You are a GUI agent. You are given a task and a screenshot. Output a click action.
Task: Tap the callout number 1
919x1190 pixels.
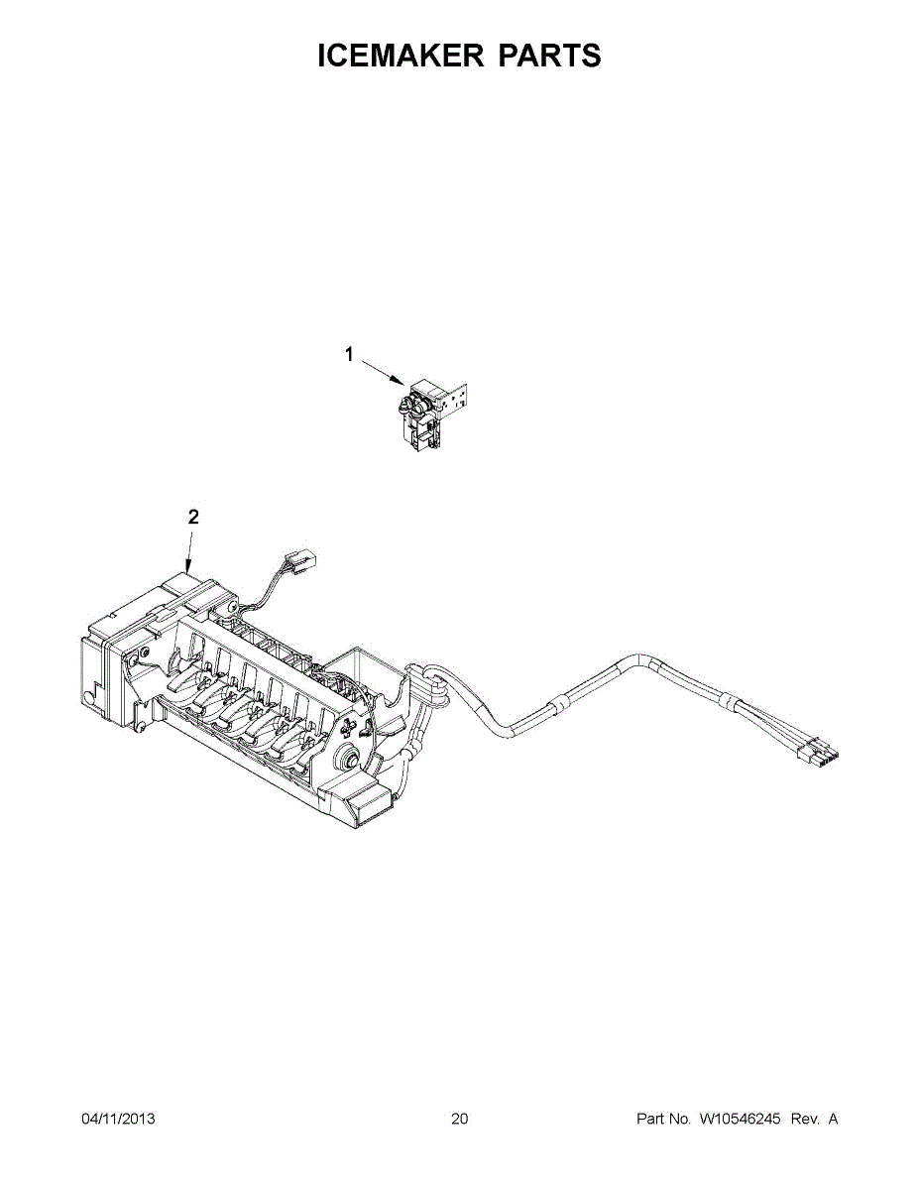tap(349, 352)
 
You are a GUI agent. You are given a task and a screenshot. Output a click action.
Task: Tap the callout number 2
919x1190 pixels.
tap(193, 517)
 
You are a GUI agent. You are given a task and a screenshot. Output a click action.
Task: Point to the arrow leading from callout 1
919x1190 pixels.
tap(381, 372)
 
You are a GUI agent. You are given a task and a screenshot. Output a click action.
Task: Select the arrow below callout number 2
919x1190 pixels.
tap(189, 549)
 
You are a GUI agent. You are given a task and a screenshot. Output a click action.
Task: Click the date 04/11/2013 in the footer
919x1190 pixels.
tap(118, 1119)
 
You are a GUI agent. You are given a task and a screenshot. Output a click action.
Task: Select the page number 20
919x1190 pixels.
tap(459, 1119)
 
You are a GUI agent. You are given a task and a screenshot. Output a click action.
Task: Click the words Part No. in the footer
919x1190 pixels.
tap(663, 1119)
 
